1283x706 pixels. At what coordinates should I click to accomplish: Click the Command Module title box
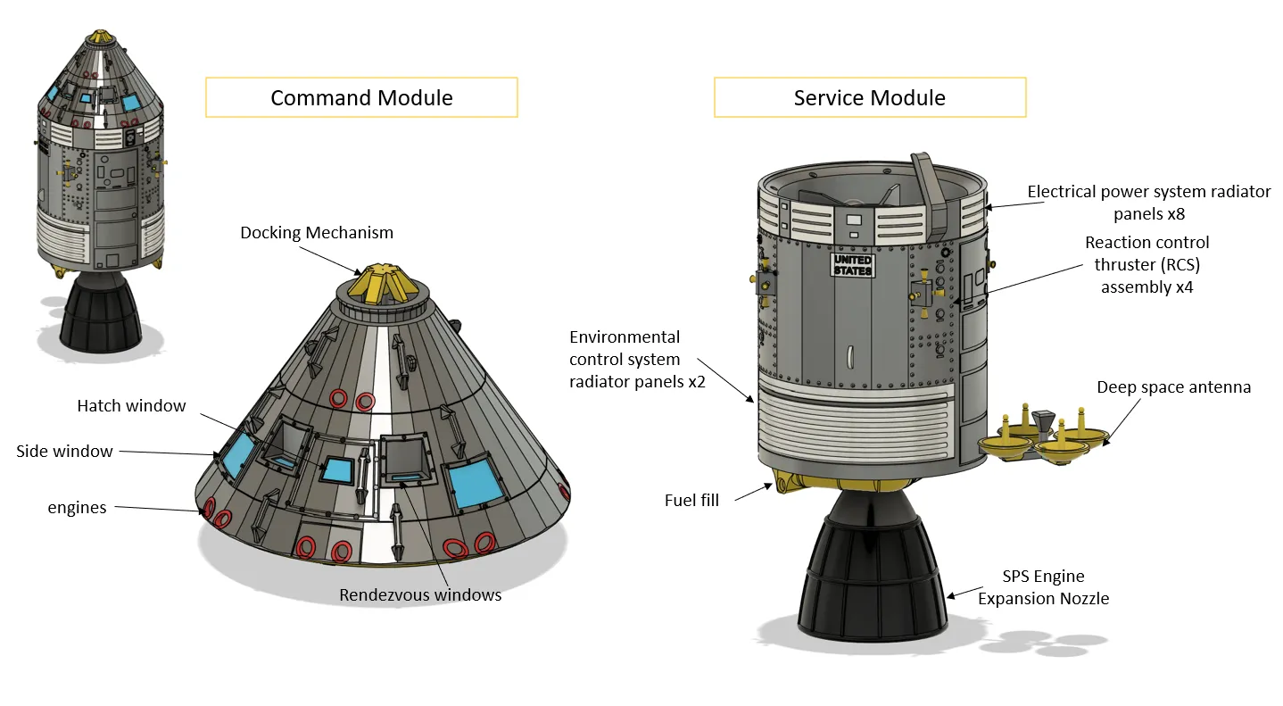(x=361, y=98)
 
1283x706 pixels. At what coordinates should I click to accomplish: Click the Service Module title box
(x=869, y=98)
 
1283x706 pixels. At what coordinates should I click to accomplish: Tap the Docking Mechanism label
(x=316, y=233)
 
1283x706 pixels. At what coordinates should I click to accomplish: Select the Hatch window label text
(x=131, y=406)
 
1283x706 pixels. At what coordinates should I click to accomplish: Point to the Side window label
(x=64, y=452)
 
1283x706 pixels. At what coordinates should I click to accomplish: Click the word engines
(x=77, y=508)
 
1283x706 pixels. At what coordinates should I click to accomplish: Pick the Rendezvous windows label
(x=420, y=595)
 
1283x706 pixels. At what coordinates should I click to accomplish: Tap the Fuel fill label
(x=691, y=501)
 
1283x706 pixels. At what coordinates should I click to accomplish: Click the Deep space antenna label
(x=1173, y=387)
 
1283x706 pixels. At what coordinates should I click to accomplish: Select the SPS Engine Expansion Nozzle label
(x=1043, y=587)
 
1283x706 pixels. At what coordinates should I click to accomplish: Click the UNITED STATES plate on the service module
(x=853, y=265)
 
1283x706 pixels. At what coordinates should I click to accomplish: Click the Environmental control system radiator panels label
(x=625, y=360)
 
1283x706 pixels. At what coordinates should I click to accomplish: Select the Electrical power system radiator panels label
(x=1148, y=203)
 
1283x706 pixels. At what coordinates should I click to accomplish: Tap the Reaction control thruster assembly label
(x=1146, y=264)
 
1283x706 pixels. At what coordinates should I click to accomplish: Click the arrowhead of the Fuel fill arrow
(x=772, y=486)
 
